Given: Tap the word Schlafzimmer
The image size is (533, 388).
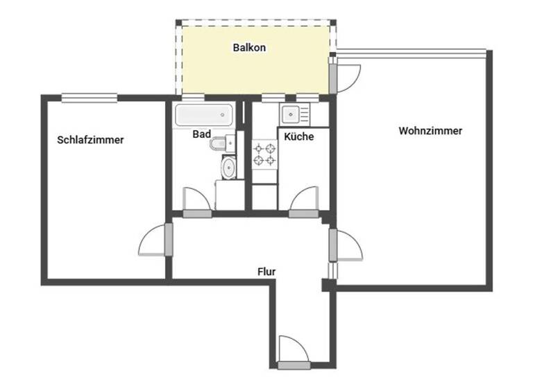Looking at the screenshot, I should [90, 140].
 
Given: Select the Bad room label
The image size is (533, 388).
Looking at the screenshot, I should [201, 136].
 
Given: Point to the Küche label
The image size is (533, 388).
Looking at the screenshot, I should [299, 136].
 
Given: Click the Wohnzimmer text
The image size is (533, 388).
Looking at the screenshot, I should [430, 131].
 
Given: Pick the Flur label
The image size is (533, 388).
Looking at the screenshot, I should [267, 272].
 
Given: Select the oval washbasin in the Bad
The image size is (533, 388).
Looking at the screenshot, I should [228, 167].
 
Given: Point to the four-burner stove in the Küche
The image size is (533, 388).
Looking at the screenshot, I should [263, 155].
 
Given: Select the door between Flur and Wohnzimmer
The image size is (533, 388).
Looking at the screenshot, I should [344, 246].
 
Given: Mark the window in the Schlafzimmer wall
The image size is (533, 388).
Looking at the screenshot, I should [88, 97].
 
